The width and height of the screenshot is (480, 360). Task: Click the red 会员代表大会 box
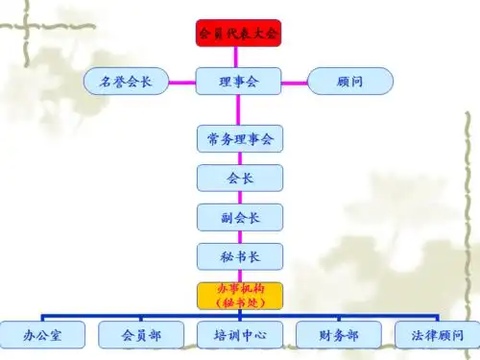tap(239, 33)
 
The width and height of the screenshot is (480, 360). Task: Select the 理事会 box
tap(239, 82)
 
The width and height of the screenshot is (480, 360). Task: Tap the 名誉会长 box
tap(126, 82)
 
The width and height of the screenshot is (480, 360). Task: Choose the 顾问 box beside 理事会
tap(350, 82)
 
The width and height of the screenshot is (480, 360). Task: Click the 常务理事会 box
tap(239, 139)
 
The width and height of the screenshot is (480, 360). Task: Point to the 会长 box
tap(239, 178)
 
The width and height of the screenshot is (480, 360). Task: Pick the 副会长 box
tap(239, 217)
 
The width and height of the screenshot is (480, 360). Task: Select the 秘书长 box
tap(239, 256)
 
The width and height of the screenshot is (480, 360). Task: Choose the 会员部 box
tap(140, 335)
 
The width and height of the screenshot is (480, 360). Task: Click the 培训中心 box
tap(239, 335)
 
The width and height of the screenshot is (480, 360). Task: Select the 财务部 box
tap(339, 335)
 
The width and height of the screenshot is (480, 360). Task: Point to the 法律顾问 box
tap(436, 335)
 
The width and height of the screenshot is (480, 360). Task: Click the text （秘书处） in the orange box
tap(239, 301)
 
